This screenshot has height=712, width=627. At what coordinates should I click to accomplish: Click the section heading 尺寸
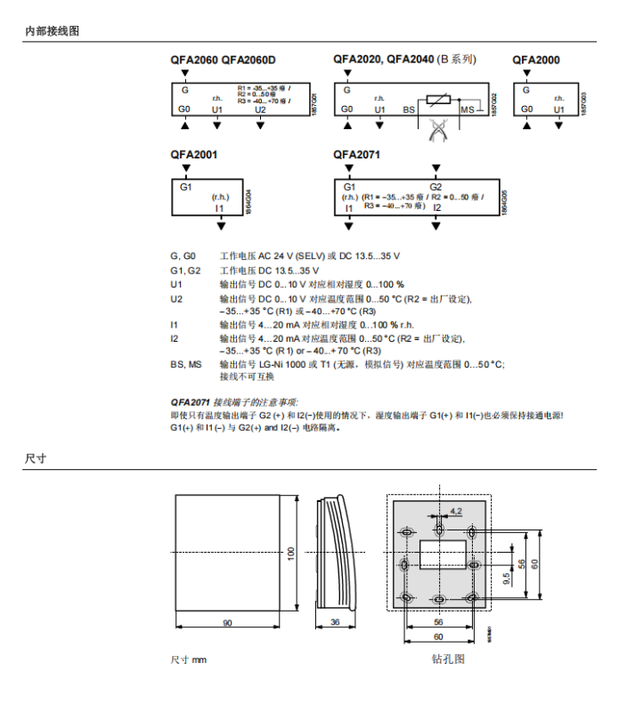click(x=36, y=459)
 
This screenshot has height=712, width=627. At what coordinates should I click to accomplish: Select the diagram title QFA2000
click(x=536, y=60)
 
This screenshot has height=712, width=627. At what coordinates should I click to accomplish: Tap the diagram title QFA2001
click(x=193, y=154)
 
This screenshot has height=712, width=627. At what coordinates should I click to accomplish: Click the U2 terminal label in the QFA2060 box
click(x=260, y=109)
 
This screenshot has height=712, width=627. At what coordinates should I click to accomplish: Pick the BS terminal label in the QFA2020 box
click(x=410, y=109)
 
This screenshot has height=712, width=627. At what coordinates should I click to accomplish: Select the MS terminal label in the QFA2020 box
click(x=468, y=109)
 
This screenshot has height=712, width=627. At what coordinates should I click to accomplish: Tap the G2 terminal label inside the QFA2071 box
click(x=436, y=186)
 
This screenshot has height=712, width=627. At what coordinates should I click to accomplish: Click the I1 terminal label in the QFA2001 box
click(x=220, y=207)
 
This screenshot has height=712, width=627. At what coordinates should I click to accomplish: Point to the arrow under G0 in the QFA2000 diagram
click(x=527, y=125)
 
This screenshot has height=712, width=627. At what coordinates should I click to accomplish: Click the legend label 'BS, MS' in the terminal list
click(x=186, y=364)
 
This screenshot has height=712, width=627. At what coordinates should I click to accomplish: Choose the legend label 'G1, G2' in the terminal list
click(x=185, y=270)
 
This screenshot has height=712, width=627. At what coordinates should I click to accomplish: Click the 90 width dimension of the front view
click(x=228, y=622)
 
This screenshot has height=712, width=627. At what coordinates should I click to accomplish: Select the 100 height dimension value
click(x=290, y=553)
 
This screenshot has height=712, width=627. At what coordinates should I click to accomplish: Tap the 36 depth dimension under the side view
click(x=335, y=622)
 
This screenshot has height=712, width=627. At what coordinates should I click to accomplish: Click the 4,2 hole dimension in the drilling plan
click(x=456, y=511)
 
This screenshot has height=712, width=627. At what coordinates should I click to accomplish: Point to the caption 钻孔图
click(x=448, y=659)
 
